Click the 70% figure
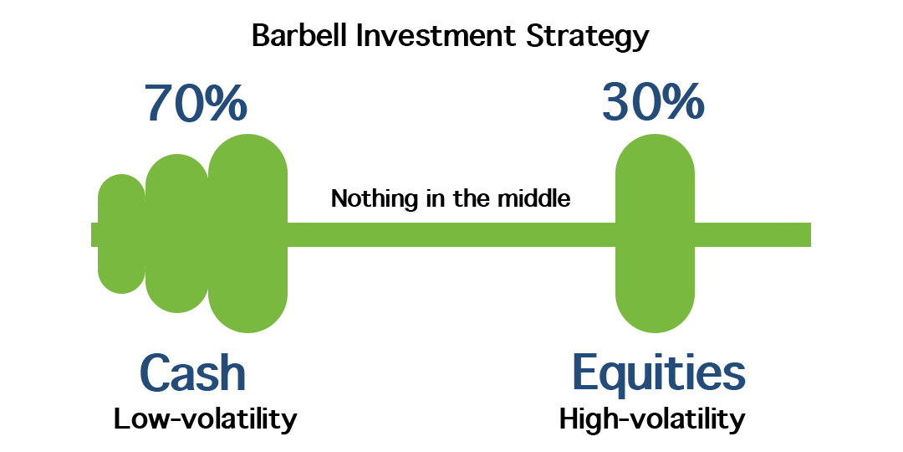[x=196, y=103]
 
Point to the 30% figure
[x=653, y=103]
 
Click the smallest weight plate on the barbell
[x=121, y=234]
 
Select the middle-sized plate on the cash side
[x=176, y=234]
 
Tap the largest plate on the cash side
[x=247, y=234]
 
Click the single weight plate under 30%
[x=655, y=234]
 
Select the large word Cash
[x=193, y=373]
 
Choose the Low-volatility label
[x=205, y=419]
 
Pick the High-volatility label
[x=652, y=420]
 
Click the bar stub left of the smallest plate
[x=94, y=234]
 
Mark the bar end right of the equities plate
[x=752, y=234]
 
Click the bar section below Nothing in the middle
[x=451, y=234]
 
